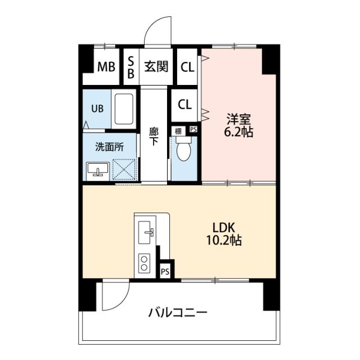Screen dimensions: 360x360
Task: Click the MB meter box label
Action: coord(106,67)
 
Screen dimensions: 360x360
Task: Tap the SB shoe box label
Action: coord(130,67)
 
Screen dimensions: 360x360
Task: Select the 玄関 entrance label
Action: coord(156,66)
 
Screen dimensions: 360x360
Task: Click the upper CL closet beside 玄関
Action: coord(187,67)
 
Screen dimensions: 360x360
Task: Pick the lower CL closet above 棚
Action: coord(185,105)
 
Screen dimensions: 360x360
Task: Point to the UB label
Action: coord(97,109)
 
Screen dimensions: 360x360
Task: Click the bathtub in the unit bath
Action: coord(124,109)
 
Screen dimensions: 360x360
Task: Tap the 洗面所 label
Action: coord(109,147)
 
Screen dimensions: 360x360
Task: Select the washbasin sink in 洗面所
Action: coord(97,169)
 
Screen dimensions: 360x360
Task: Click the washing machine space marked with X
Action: coord(124,170)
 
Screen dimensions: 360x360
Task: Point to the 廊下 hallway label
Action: coord(154,136)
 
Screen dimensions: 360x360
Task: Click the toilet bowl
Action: coord(184,149)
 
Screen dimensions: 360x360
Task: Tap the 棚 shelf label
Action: coord(178,131)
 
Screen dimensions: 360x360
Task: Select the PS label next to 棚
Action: coord(193,129)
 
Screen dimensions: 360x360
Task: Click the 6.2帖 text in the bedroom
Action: coord(238,132)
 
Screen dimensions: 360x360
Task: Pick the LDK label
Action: coord(224,228)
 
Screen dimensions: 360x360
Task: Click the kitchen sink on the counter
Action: coord(145,232)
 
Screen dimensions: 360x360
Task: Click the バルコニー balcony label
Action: coord(178,313)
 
